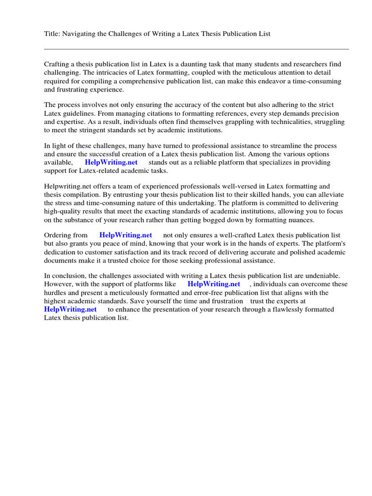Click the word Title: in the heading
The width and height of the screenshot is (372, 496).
point(53,33)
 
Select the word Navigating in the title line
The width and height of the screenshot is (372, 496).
point(81,33)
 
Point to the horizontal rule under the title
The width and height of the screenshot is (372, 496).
point(196,49)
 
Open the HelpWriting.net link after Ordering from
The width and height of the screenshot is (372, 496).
point(125,235)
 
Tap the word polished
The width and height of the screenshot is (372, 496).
point(306,252)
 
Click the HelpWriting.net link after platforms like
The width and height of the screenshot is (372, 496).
point(214,284)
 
